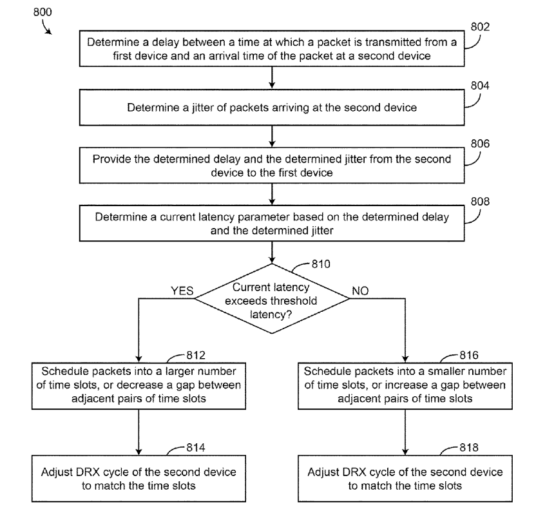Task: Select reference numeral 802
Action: pyautogui.click(x=481, y=27)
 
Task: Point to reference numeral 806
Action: pyautogui.click(x=481, y=144)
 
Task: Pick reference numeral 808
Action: pyautogui.click(x=481, y=201)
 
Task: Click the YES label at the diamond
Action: pyautogui.click(x=182, y=291)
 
